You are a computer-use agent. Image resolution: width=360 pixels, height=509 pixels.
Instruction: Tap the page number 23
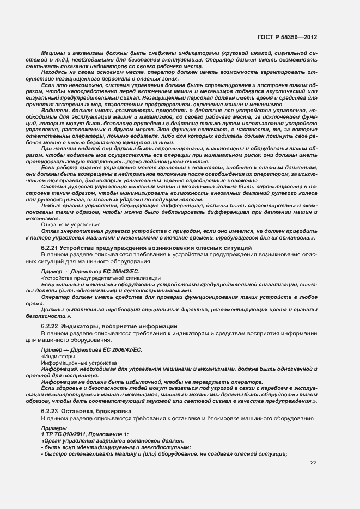[313, 463]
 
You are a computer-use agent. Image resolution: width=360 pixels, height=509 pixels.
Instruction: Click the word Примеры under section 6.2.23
[52, 428]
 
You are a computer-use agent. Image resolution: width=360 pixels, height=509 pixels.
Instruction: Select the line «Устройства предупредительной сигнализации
[100, 277]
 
